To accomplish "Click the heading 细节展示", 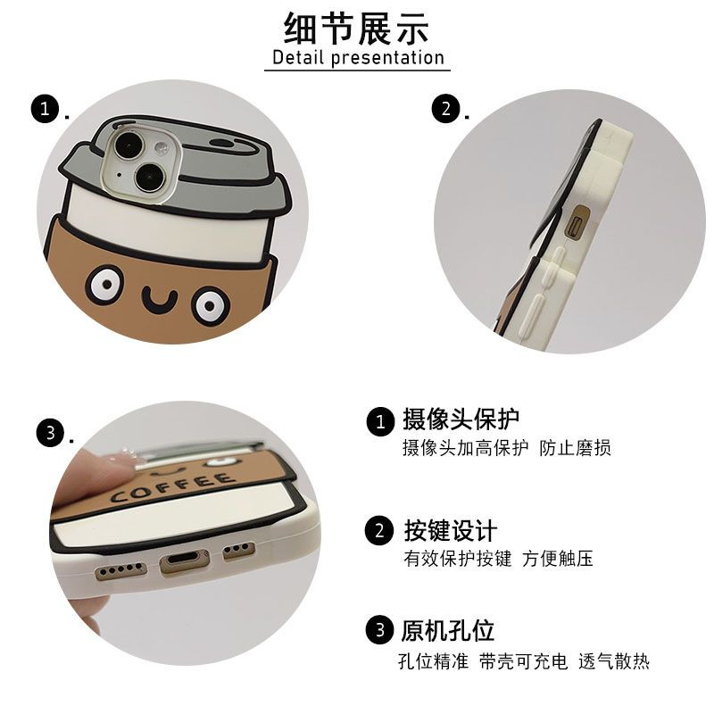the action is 356,29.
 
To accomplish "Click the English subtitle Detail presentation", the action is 358,58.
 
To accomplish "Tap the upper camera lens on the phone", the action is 129,145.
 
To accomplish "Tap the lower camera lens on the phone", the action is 149,177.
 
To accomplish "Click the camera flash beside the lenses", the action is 161,147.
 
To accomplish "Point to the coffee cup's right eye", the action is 210,304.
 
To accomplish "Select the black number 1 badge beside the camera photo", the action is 46,109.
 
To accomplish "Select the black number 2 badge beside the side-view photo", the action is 445,108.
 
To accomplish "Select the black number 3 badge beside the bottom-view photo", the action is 51,432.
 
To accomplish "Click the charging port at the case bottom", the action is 185,562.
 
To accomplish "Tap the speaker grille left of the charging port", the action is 120,570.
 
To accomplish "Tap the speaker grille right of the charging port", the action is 238,550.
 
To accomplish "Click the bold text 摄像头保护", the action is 461,419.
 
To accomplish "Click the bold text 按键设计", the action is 451,530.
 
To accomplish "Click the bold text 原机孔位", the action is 448,631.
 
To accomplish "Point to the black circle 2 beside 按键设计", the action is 379,530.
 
